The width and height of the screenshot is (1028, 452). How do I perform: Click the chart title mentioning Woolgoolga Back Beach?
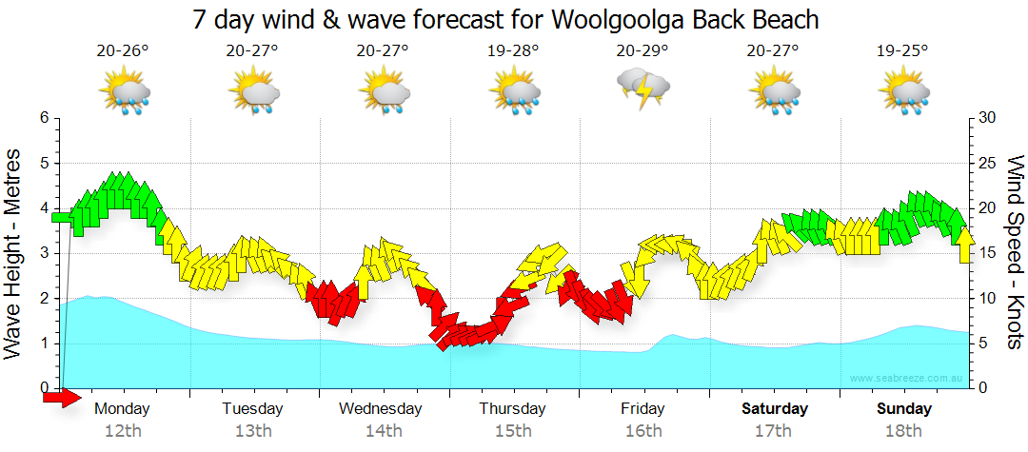click(x=505, y=19)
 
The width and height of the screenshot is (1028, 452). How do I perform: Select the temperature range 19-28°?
click(x=514, y=50)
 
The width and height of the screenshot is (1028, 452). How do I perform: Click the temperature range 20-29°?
click(x=643, y=50)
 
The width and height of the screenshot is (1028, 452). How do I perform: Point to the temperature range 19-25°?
click(x=902, y=50)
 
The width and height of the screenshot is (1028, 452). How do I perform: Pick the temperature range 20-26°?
click(x=123, y=50)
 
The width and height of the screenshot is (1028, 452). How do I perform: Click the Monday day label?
click(x=122, y=409)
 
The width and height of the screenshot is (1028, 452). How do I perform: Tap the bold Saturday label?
click(x=775, y=409)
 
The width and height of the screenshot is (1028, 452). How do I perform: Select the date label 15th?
click(x=513, y=431)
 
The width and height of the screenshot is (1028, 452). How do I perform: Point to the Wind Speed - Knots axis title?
click(x=1014, y=253)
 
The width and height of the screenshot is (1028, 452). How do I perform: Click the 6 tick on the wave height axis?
click(x=44, y=118)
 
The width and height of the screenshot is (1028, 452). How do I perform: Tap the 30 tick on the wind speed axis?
click(x=987, y=118)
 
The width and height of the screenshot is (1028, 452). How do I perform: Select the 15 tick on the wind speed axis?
click(x=987, y=253)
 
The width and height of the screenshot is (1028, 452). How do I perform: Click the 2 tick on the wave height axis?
click(x=44, y=299)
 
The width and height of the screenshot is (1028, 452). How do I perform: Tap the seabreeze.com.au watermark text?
click(x=908, y=379)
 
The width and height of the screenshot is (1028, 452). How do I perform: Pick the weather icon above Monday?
click(x=126, y=92)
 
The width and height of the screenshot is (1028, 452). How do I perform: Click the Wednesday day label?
click(x=381, y=409)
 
